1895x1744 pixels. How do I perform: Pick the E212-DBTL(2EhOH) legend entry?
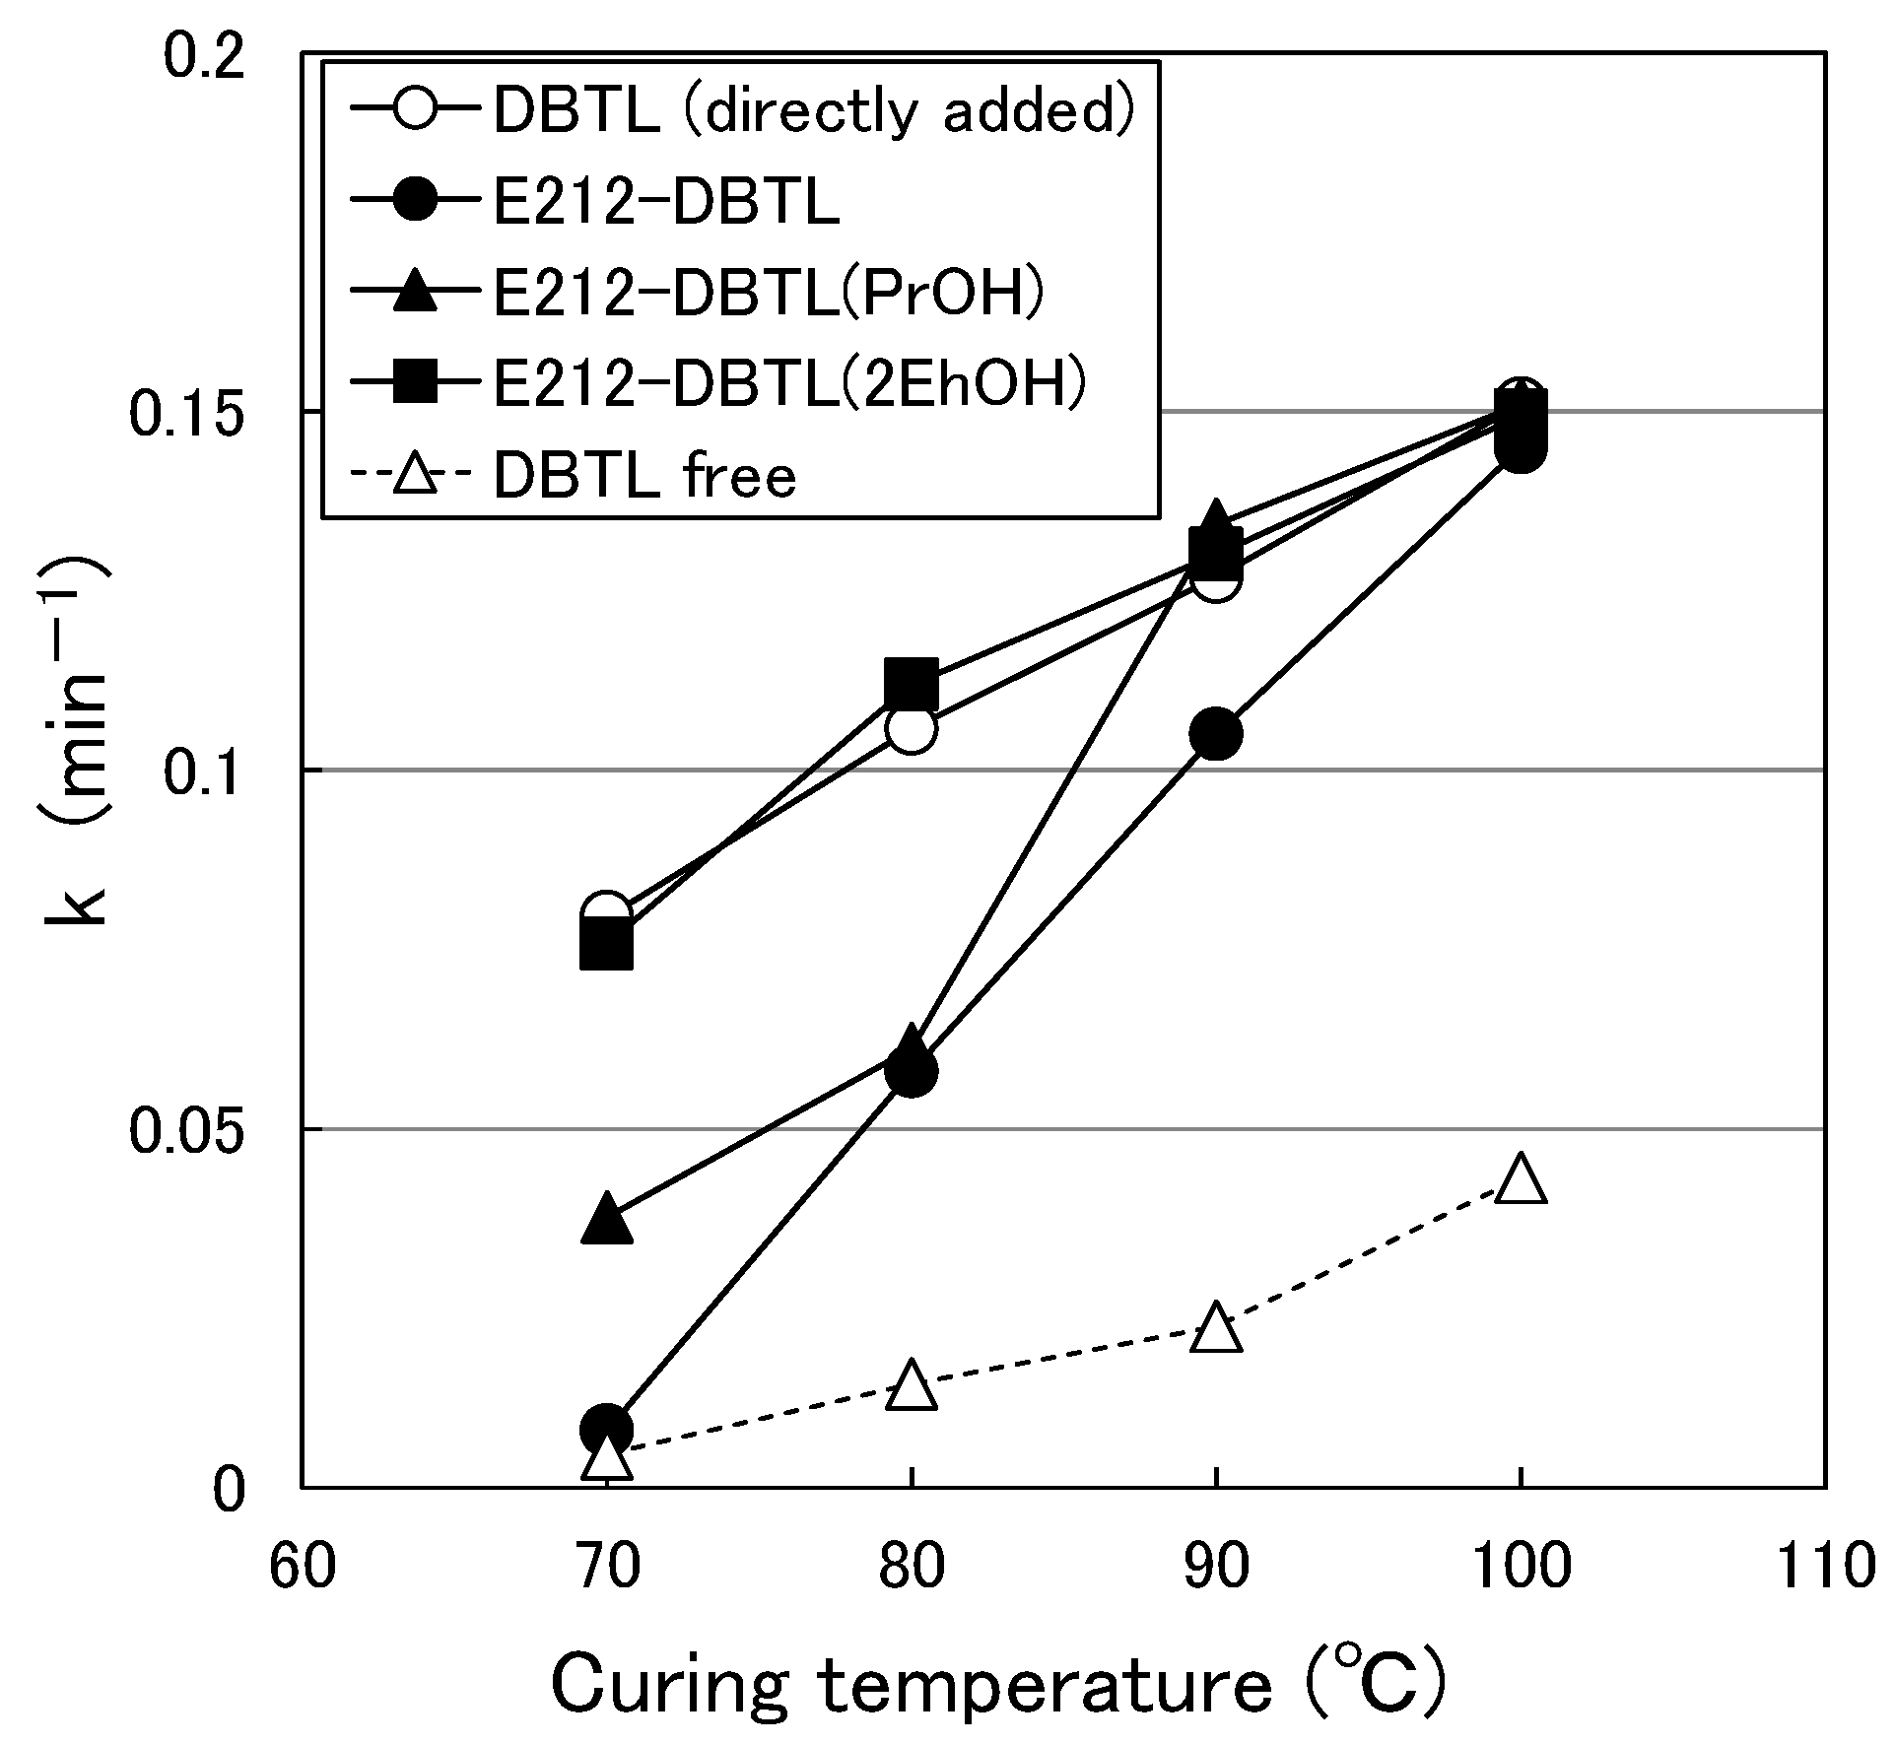click(788, 384)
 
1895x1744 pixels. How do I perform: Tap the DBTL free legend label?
click(644, 477)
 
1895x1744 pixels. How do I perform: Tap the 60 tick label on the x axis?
click(302, 1565)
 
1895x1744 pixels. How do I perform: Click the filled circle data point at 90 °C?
click(1216, 734)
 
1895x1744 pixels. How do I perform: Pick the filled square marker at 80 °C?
click(912, 683)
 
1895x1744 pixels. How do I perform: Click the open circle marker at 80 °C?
click(912, 729)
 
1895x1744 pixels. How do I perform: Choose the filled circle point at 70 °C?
click(607, 1428)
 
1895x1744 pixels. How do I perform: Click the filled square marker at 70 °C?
click(607, 945)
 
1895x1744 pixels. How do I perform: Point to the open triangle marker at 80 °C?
click(912, 1385)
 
